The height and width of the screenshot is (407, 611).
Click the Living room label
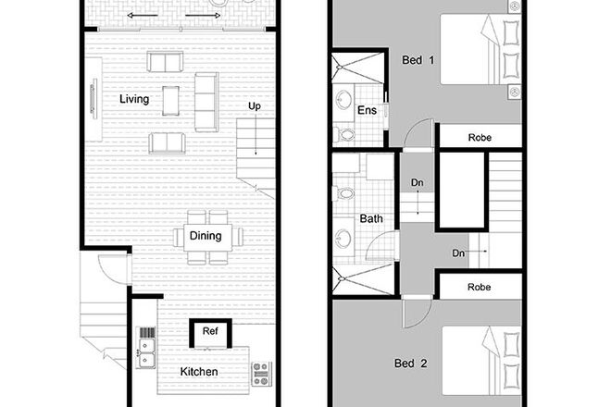(136, 97)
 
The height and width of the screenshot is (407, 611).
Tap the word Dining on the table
(206, 236)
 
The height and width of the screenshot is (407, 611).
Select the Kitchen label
(199, 372)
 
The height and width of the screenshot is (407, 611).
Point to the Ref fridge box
(209, 330)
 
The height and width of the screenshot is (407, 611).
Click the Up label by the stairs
(254, 106)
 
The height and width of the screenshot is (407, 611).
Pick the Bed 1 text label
(418, 60)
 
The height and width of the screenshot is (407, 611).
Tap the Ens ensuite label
(366, 111)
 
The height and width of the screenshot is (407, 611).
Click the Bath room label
(371, 219)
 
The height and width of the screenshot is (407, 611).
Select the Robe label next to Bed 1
(480, 138)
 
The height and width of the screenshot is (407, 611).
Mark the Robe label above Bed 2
(480, 288)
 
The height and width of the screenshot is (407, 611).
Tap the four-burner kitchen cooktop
(261, 372)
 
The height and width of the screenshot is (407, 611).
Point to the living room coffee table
(170, 99)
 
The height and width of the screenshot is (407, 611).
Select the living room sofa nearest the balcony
(166, 61)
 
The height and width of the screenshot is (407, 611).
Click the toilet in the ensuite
(345, 136)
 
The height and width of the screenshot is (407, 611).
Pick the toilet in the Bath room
(345, 193)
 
